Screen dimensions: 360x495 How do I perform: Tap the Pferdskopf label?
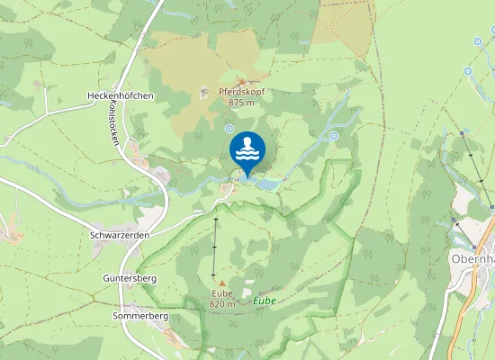pyautogui.click(x=241, y=92)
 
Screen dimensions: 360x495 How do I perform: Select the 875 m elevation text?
pyautogui.click(x=241, y=103)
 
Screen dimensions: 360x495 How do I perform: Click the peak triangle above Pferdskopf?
pyautogui.click(x=240, y=82)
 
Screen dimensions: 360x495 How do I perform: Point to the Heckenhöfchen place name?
pyautogui.click(x=120, y=96)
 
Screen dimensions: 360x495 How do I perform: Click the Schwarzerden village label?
pyautogui.click(x=119, y=234)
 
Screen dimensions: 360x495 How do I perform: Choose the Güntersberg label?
pyautogui.click(x=130, y=279)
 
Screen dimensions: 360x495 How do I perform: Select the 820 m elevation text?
pyautogui.click(x=222, y=304)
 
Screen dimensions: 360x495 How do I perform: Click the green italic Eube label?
pyautogui.click(x=264, y=300)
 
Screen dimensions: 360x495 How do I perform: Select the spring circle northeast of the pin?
pyautogui.click(x=333, y=136)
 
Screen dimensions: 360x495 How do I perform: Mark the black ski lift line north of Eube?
pyautogui.click(x=214, y=247)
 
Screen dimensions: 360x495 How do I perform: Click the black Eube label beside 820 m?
pyautogui.click(x=222, y=293)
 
